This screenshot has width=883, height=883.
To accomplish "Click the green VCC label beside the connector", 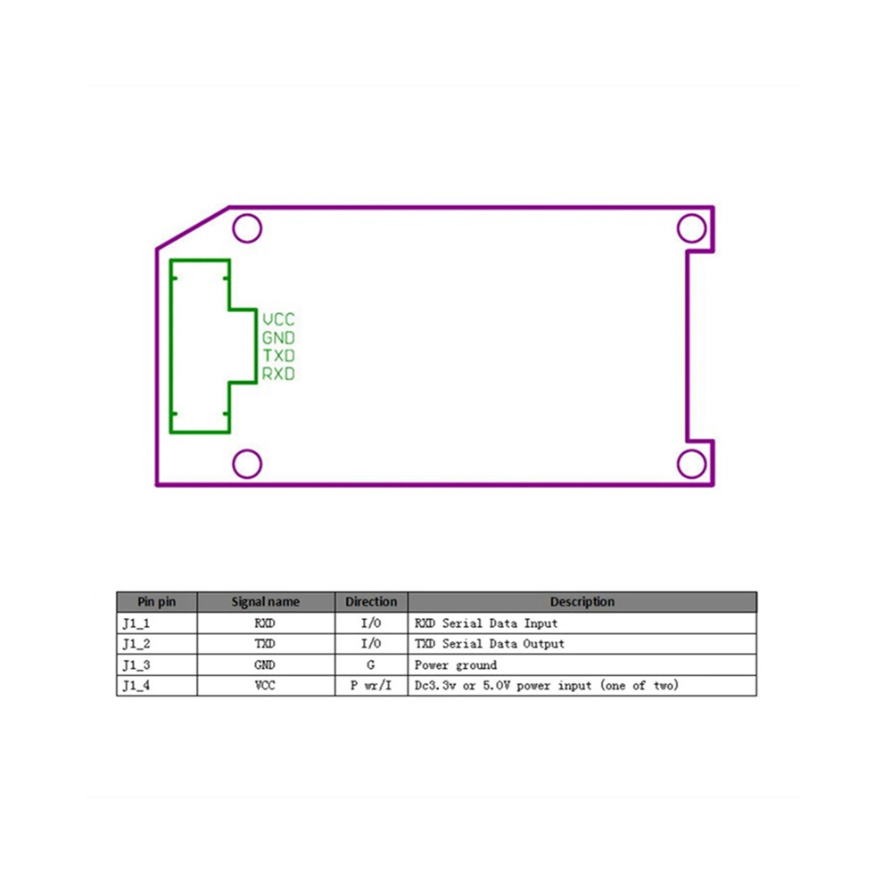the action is click(x=279, y=319).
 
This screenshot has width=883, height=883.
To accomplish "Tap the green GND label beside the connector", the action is click(x=278, y=337).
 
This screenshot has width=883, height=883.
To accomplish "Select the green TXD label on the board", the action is click(x=279, y=355).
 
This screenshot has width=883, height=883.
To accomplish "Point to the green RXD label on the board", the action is click(x=278, y=374).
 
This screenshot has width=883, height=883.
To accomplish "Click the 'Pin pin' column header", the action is click(x=157, y=601).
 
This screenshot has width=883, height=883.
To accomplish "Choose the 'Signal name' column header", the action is click(x=265, y=601).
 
